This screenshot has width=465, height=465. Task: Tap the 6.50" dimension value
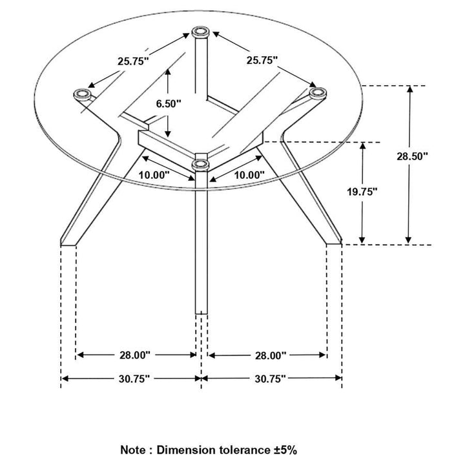pos(169,103)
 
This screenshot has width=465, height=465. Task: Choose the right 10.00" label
pos(249,174)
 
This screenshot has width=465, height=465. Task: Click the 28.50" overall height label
pos(430,156)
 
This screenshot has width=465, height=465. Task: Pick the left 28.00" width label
pos(134,355)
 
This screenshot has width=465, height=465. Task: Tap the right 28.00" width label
pos(269,355)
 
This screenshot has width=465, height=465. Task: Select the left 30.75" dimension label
pos(134,378)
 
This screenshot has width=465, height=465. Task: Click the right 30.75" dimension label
pos(269,378)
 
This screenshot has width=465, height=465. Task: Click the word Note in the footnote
pos(134,448)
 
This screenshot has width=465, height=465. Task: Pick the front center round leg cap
pos(201,164)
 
